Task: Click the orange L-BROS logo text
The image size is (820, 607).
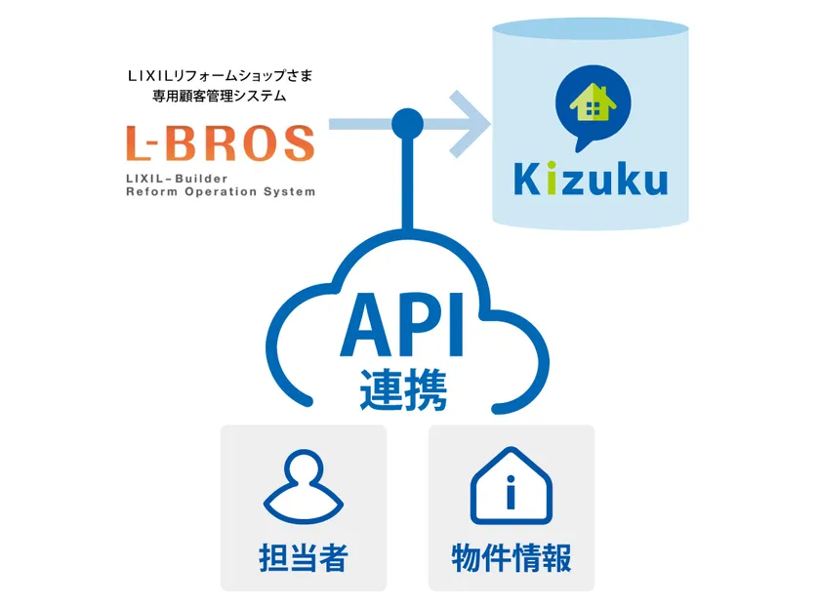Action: [x=221, y=142]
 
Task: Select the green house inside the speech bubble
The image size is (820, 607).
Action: [x=594, y=102]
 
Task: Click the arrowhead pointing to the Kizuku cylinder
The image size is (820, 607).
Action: [x=471, y=124]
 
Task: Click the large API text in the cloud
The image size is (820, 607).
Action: [x=402, y=325]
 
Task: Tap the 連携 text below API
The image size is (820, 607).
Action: [x=403, y=389]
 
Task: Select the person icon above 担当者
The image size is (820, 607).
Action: [x=304, y=487]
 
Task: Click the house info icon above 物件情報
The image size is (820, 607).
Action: [x=512, y=486]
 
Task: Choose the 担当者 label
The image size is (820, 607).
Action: [x=304, y=557]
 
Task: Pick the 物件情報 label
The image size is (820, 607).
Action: [x=512, y=557]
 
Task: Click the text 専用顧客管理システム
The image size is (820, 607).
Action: [x=220, y=96]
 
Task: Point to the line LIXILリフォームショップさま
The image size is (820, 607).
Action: [x=221, y=76]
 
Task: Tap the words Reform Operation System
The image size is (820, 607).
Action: [x=221, y=192]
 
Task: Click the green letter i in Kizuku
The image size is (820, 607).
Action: [x=552, y=179]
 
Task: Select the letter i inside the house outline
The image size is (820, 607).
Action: [x=511, y=492]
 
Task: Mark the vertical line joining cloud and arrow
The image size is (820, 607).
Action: [x=407, y=184]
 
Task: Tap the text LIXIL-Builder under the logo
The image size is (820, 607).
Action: [x=177, y=179]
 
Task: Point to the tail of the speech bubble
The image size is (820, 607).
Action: [x=581, y=143]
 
